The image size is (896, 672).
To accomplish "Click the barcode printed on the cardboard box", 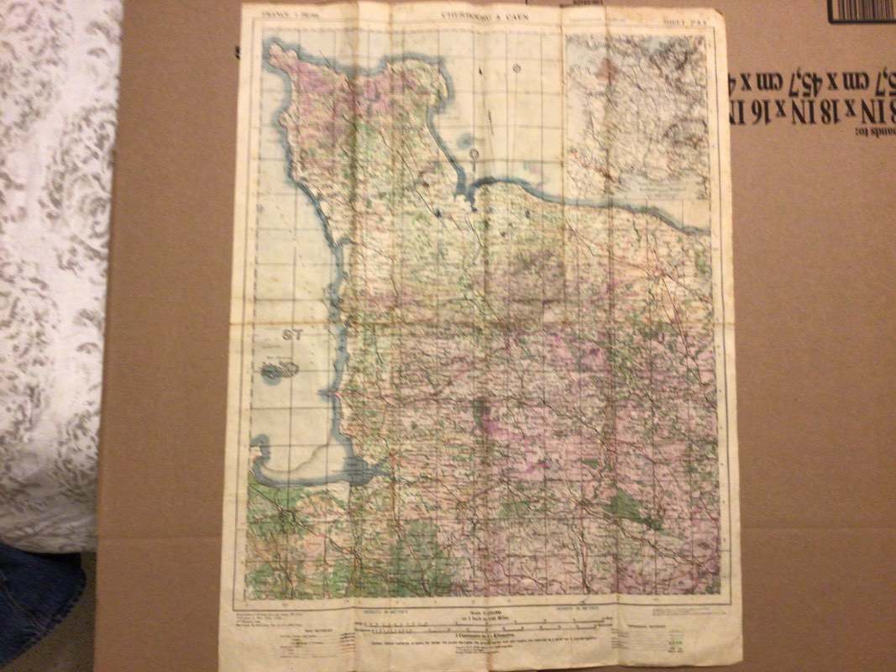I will [861, 10].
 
